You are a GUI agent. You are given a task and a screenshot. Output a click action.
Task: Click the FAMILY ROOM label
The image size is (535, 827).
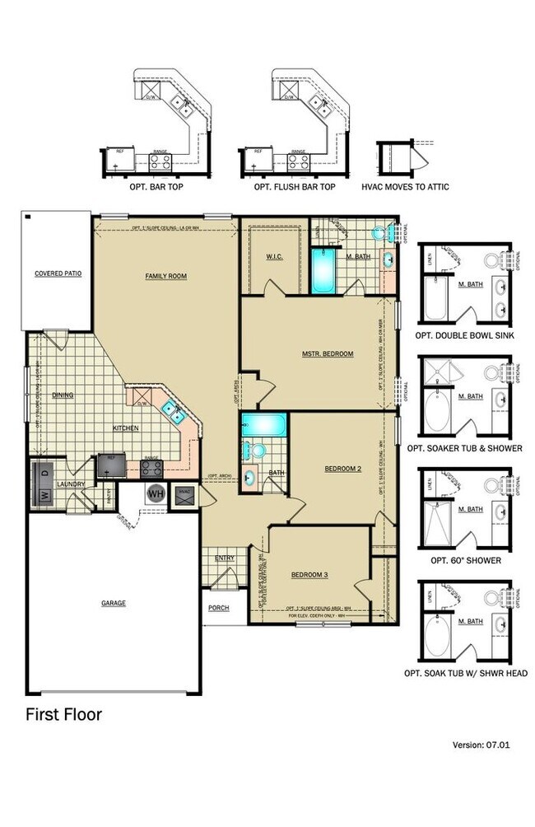(x=165, y=276)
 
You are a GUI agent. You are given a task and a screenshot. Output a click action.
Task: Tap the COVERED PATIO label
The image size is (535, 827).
(x=58, y=273)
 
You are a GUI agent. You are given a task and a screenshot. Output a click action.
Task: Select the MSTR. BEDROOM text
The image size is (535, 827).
(x=327, y=353)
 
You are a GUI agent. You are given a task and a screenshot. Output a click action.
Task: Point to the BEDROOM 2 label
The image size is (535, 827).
(x=342, y=468)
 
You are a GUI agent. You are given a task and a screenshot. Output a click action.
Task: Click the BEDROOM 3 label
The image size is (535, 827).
(x=309, y=574)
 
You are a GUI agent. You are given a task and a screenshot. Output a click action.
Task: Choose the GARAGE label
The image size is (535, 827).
(x=114, y=603)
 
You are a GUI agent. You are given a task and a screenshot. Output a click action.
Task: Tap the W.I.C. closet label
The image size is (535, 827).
(x=275, y=256)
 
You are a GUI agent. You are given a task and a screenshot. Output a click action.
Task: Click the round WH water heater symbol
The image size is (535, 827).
(x=156, y=494)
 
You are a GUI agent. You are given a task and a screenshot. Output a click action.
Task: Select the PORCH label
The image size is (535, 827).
(x=218, y=608)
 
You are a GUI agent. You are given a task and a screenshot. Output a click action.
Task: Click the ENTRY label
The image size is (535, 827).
(x=224, y=558)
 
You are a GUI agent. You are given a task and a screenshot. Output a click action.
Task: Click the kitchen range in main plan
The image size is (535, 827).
(x=151, y=468)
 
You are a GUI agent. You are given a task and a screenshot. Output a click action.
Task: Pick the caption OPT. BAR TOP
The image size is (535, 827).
(x=156, y=187)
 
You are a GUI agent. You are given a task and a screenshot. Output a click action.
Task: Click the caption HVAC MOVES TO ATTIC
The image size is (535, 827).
(x=405, y=187)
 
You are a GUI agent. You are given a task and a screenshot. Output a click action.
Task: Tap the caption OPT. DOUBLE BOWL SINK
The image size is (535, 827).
(x=465, y=335)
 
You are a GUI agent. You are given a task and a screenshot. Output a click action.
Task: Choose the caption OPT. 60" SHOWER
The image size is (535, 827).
(x=465, y=560)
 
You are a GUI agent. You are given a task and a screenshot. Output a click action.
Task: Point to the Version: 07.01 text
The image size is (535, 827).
(x=481, y=745)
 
